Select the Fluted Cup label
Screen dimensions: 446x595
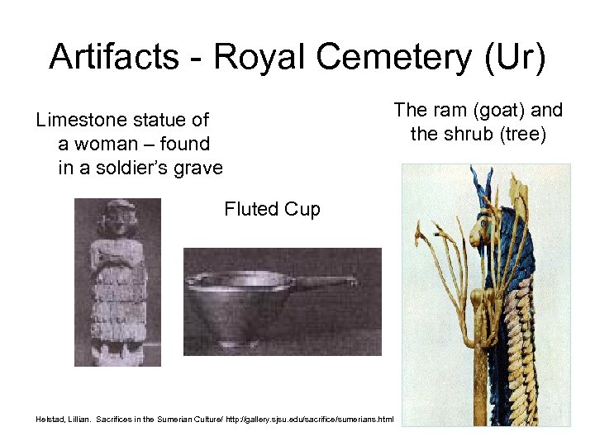click(x=272, y=209)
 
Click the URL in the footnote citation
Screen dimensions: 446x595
click(x=313, y=420)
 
